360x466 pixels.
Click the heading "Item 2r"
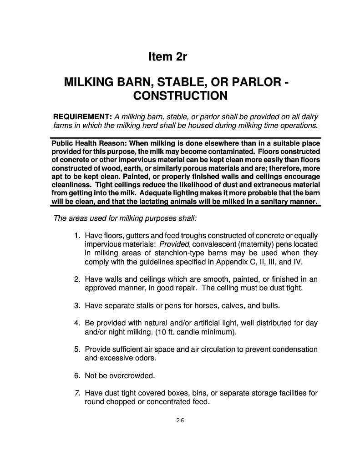[x=168, y=57]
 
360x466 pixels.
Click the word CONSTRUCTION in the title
[x=180, y=96]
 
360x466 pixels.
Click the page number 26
[x=180, y=420]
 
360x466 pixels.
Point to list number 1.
[x=77, y=236]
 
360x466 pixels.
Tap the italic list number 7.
[x=77, y=393]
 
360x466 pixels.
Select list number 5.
[x=77, y=349]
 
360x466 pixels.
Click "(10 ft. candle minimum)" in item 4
[x=196, y=332]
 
